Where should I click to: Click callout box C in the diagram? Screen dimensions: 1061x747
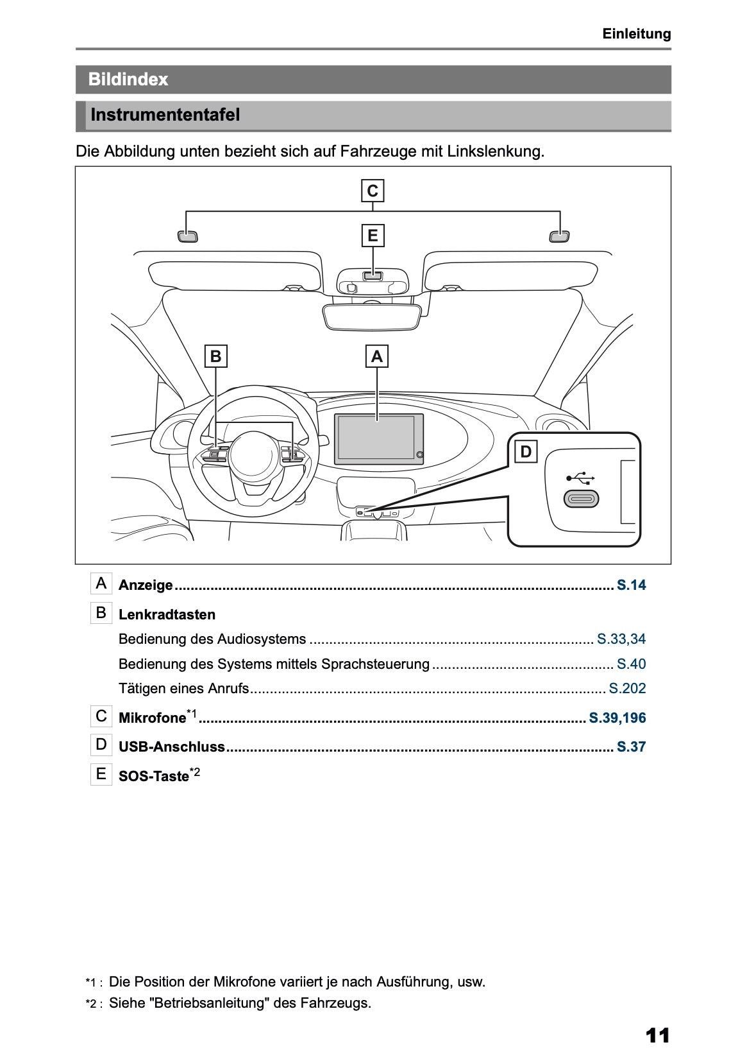[373, 191]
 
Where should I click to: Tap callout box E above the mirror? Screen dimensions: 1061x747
[373, 236]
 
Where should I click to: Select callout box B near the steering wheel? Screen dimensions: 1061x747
[216, 356]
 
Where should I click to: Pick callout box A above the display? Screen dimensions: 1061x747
[377, 356]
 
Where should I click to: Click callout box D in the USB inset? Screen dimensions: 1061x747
[526, 452]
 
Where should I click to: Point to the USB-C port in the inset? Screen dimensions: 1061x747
[581, 499]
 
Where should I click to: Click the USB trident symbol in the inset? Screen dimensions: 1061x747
[581, 478]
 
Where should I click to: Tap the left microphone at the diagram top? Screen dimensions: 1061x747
[187, 237]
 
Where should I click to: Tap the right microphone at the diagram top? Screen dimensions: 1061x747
[560, 237]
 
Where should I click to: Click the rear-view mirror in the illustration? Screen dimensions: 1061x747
[373, 317]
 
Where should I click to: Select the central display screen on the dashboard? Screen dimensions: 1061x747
[377, 438]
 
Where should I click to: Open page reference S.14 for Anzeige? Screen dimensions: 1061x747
[631, 585]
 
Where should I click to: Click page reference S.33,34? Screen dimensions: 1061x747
[621, 639]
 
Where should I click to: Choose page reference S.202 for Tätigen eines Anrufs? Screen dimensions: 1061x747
[626, 689]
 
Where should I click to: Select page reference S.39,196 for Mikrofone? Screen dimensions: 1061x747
[617, 718]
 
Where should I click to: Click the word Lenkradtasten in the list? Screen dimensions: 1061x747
[167, 615]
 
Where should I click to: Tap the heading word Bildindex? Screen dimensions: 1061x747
[128, 80]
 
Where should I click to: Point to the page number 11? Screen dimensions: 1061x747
[657, 1035]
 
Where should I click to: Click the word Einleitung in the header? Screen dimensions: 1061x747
[636, 34]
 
